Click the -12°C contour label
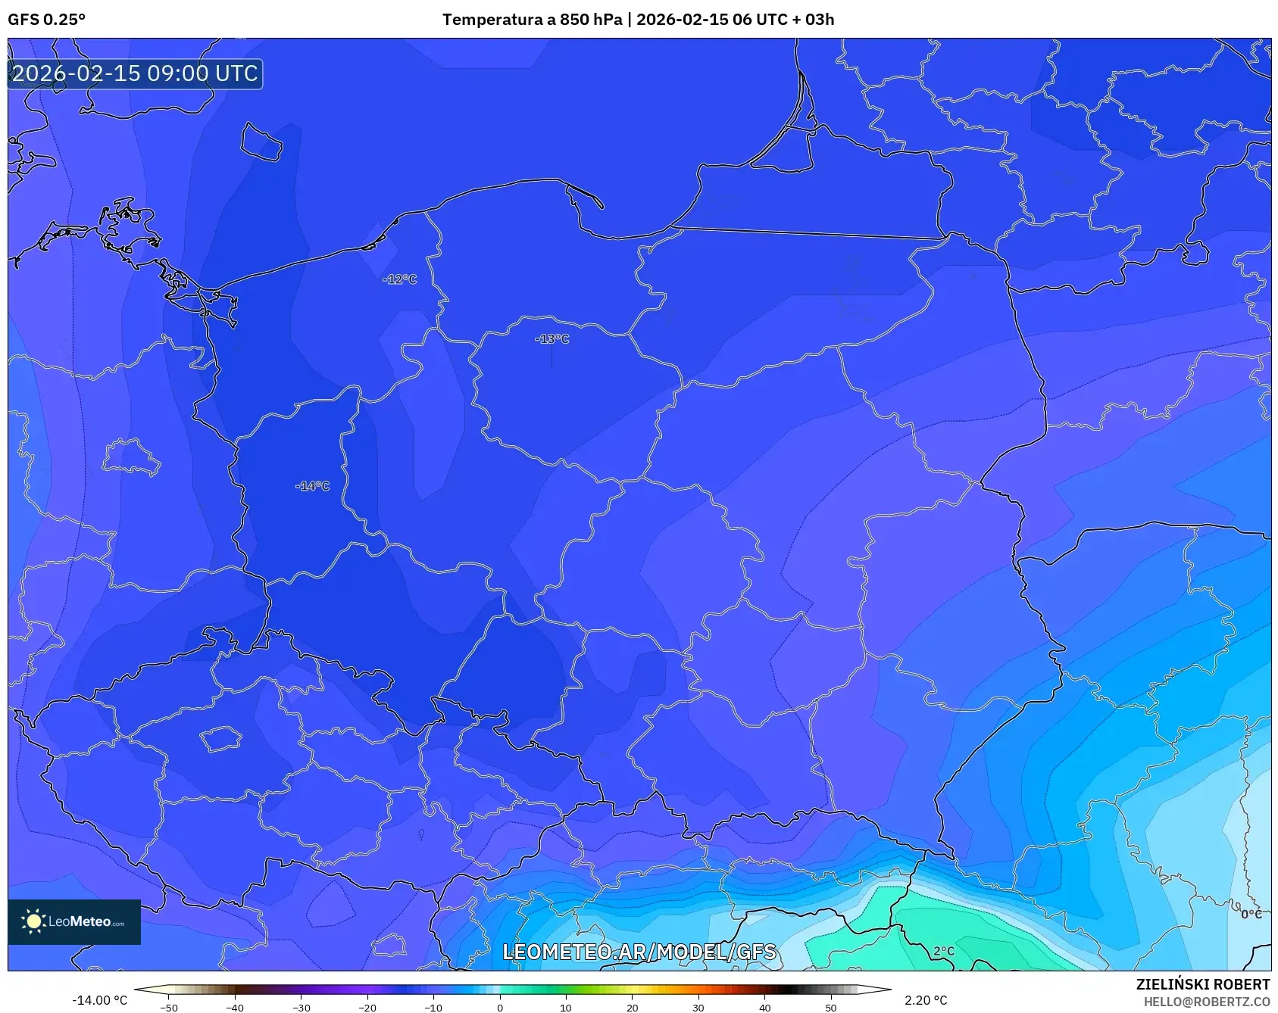click(x=399, y=279)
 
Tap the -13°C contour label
click(x=552, y=339)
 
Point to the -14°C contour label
click(x=312, y=486)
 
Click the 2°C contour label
click(x=943, y=951)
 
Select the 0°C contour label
click(x=1251, y=914)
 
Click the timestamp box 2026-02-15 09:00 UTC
click(x=135, y=73)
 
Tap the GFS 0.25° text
click(x=46, y=20)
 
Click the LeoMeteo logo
click(x=74, y=921)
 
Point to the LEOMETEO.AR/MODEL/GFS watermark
click(x=639, y=952)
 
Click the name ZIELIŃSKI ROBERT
click(x=1202, y=984)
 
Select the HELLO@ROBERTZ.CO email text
click(x=1206, y=1002)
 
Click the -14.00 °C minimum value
click(x=99, y=1000)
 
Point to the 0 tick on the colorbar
click(x=499, y=1007)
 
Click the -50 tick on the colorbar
click(x=169, y=1007)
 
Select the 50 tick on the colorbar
click(x=831, y=1007)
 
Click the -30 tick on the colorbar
click(x=302, y=1007)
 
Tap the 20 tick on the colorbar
click(x=632, y=1007)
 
